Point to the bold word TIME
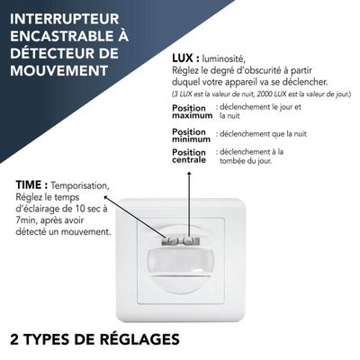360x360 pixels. (30, 184)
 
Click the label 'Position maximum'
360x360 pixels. (192, 112)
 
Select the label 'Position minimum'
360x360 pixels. (192, 135)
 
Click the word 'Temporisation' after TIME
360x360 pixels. (79, 184)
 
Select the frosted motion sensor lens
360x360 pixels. (180, 264)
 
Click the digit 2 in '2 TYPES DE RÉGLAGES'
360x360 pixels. (14, 339)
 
